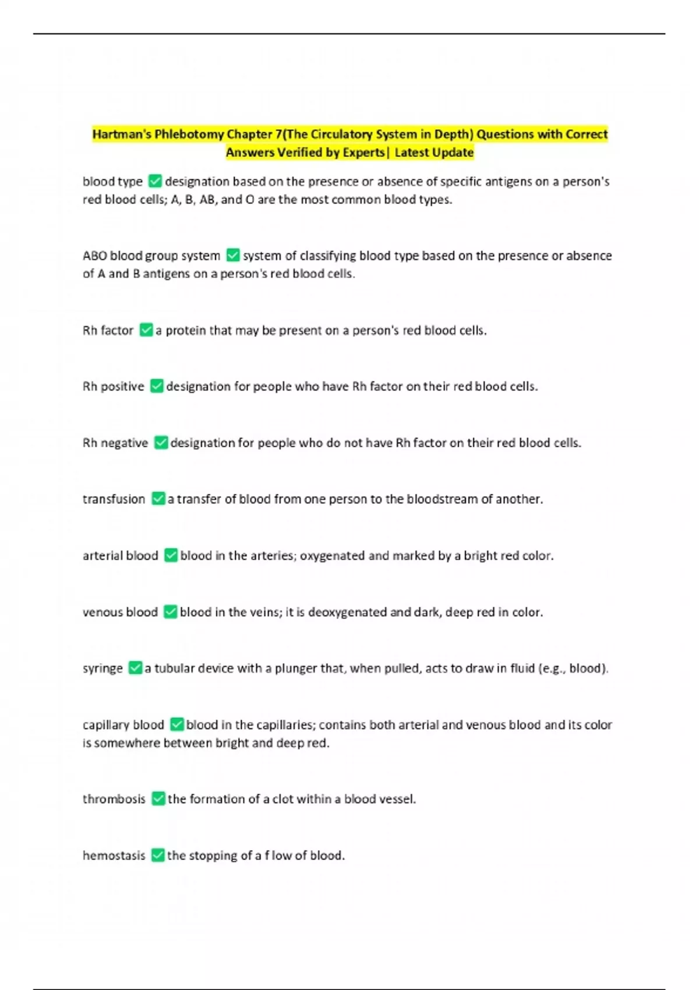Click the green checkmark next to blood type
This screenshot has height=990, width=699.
click(x=155, y=181)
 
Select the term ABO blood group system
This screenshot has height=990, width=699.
click(x=151, y=256)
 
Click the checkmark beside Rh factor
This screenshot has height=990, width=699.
click(x=146, y=330)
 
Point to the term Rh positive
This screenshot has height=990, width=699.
click(x=113, y=387)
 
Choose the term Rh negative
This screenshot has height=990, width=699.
click(x=115, y=443)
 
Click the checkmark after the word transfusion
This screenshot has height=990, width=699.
click(x=158, y=499)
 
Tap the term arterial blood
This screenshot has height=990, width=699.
click(x=121, y=556)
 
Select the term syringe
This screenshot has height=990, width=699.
click(x=103, y=669)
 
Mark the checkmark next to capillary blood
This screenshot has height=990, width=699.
click(x=177, y=725)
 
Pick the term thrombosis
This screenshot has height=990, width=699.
click(x=114, y=799)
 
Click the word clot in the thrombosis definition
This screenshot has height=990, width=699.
click(x=283, y=799)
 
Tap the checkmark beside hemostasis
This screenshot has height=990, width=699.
click(x=158, y=855)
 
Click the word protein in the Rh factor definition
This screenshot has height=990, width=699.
click(x=185, y=330)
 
